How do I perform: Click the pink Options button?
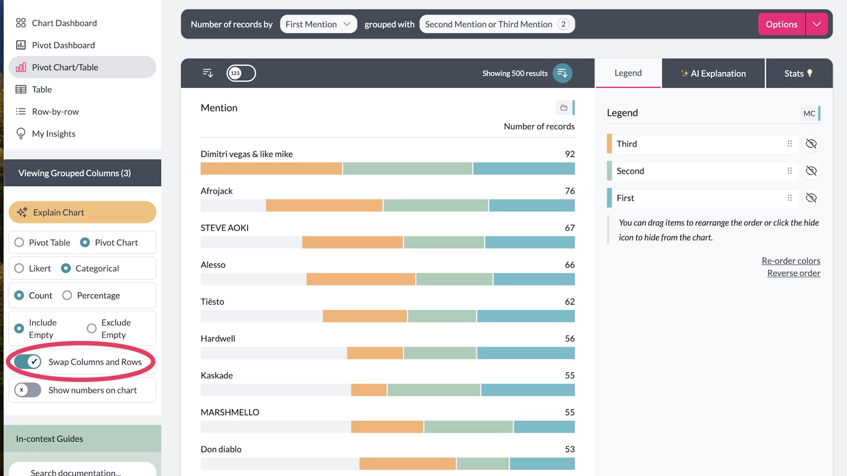[781, 24]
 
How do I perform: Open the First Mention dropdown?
[318, 24]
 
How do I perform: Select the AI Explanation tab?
[713, 74]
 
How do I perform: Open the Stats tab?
[798, 74]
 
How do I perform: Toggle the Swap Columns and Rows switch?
[28, 362]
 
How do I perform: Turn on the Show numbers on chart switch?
[28, 390]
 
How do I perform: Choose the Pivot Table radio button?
[20, 243]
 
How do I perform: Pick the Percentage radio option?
[67, 296]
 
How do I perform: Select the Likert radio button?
[20, 269]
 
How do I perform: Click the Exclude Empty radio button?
[92, 329]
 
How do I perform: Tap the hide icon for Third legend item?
[811, 144]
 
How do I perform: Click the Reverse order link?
[794, 273]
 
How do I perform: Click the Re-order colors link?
[790, 261]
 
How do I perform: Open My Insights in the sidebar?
[53, 134]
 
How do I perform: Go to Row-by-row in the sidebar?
[55, 112]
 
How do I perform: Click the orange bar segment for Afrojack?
[324, 206]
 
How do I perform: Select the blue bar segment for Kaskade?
[528, 390]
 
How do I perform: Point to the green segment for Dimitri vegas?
[408, 169]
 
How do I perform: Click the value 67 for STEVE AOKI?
[570, 228]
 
